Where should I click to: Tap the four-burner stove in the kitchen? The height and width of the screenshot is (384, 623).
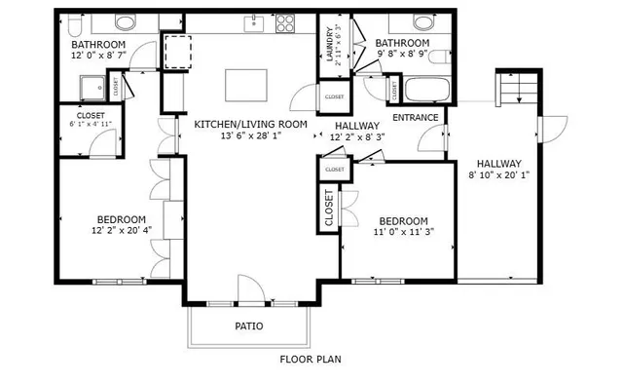point(285,20)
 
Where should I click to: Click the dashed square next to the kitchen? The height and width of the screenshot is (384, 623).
point(177,50)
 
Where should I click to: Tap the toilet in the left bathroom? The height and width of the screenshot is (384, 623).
point(126,23)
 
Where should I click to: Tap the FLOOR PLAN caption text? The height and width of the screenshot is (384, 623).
point(311,359)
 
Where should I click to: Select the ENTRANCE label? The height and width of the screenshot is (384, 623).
point(416,118)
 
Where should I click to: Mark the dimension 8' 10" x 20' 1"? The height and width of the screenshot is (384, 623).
point(499,176)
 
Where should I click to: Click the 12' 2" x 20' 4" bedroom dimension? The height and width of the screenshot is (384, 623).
point(121,232)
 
